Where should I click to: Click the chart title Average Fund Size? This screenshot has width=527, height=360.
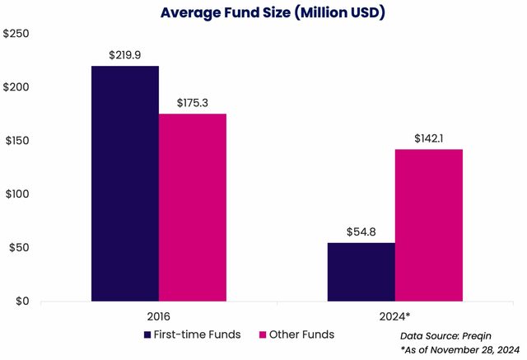pyautogui.click(x=262, y=13)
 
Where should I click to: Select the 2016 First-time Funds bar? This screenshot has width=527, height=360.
pyautogui.click(x=125, y=183)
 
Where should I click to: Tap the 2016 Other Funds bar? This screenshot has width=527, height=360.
pyautogui.click(x=193, y=207)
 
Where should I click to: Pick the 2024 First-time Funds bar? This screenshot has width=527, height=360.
pyautogui.click(x=361, y=271)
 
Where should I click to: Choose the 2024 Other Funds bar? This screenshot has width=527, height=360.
pyautogui.click(x=428, y=225)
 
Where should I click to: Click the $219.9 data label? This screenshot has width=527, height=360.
pyautogui.click(x=125, y=55)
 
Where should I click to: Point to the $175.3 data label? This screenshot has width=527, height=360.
pyautogui.click(x=193, y=103)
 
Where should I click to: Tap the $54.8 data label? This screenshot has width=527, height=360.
pyautogui.click(x=361, y=231)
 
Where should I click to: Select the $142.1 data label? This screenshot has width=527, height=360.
pyautogui.click(x=429, y=138)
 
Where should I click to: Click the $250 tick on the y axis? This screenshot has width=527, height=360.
pyautogui.click(x=18, y=35)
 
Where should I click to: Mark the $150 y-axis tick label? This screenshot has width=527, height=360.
pyautogui.click(x=18, y=141)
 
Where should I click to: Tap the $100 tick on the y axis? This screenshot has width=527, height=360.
pyautogui.click(x=18, y=194)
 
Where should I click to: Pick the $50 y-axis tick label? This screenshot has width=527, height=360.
pyautogui.click(x=21, y=248)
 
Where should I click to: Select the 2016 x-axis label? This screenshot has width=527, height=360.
pyautogui.click(x=159, y=317)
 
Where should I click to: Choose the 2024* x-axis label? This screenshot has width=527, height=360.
pyautogui.click(x=395, y=317)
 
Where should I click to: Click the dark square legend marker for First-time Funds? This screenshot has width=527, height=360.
pyautogui.click(x=147, y=335)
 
